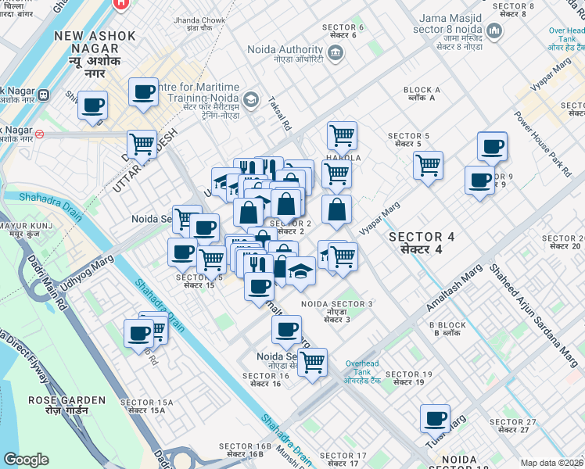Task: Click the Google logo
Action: point(26,460)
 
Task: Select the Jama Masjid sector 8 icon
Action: point(493,30)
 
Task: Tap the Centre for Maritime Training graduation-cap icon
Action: point(250,99)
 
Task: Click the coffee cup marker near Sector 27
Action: point(435,418)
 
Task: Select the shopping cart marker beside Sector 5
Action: point(428,165)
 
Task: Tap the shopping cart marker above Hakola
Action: point(342,135)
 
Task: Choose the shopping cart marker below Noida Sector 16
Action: point(312,362)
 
